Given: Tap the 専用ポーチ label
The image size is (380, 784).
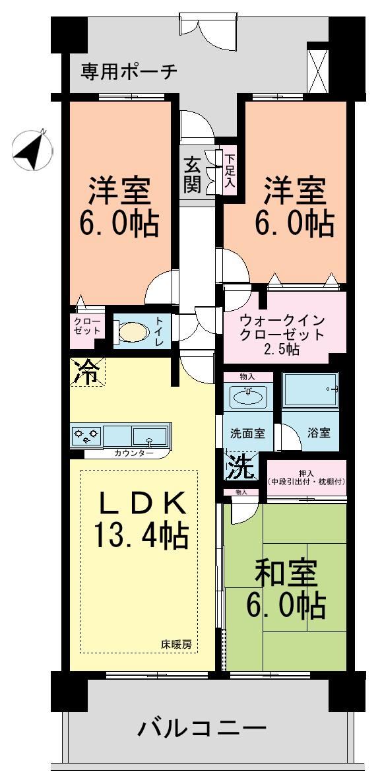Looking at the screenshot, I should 129,71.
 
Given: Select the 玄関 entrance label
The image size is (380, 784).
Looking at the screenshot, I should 192,175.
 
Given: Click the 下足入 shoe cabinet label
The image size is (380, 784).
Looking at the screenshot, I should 230,172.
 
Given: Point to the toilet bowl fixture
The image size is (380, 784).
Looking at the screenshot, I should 132,331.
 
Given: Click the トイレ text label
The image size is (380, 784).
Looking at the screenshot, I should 159,330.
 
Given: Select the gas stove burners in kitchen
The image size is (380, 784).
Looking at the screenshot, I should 86,436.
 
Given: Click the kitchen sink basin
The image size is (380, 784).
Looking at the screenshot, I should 150,436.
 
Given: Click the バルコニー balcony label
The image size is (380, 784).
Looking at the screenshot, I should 202,729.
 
